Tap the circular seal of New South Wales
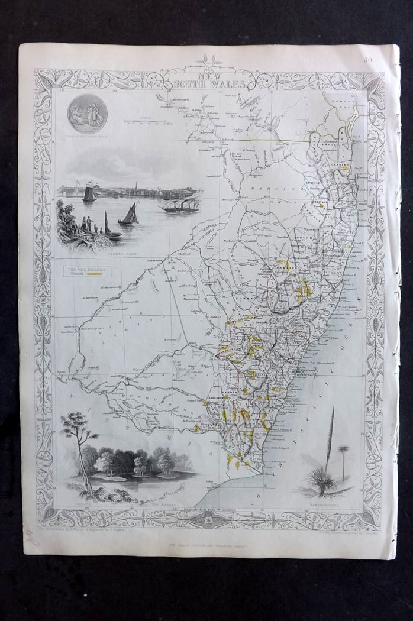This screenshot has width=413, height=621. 87,113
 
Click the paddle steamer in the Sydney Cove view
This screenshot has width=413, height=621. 180,206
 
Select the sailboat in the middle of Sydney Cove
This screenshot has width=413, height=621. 128,215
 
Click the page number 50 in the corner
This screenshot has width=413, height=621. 368,59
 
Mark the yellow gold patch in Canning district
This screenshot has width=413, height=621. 343,168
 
